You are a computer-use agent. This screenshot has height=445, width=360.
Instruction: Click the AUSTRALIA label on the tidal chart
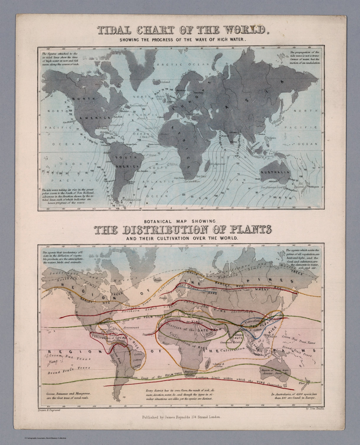275,172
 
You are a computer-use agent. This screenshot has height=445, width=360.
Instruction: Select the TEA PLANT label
262,325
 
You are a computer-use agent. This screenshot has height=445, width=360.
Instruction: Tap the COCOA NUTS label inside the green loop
234,336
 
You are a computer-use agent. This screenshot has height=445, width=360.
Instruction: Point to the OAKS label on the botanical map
212,293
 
